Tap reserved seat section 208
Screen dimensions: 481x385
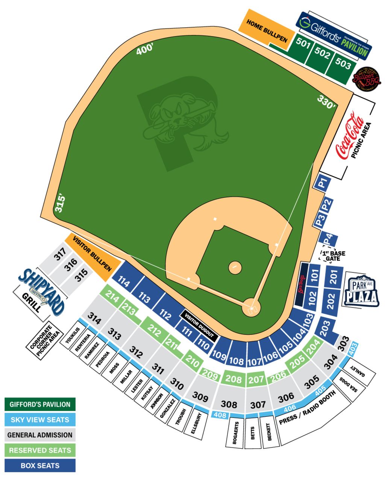(x=233, y=378)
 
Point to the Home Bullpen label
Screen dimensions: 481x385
(x=267, y=31)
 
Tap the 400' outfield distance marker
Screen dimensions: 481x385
(x=145, y=50)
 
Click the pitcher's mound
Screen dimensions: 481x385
(x=235, y=267)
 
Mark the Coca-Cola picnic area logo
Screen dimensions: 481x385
(x=350, y=137)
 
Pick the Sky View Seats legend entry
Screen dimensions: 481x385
(x=40, y=420)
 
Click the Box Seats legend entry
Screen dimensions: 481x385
(x=40, y=466)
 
